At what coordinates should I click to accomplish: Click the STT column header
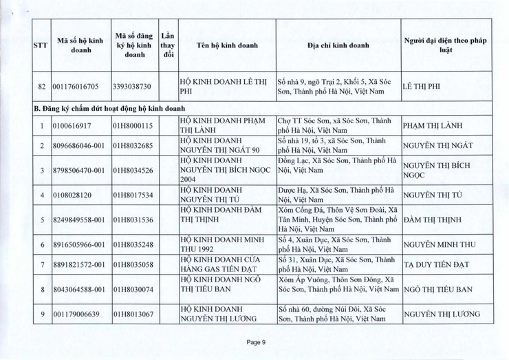pos(40,45)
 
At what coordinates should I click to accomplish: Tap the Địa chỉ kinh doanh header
pos(338,45)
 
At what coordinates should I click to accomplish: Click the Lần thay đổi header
pos(167,45)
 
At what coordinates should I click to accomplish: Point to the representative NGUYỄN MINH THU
pos(440,244)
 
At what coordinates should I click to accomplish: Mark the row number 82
pos(42,87)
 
